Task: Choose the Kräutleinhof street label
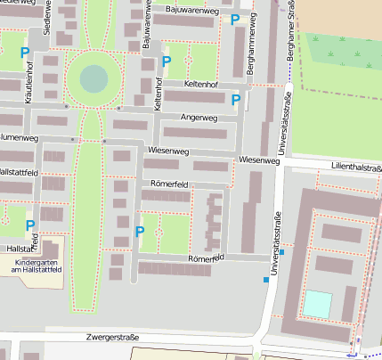(x=29, y=79)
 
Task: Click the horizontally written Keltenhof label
(x=200, y=83)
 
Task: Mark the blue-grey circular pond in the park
(x=93, y=78)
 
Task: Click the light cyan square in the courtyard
(x=316, y=304)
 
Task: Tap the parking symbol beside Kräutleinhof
(x=25, y=53)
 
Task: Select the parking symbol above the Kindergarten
(x=30, y=225)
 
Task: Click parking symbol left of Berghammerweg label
(x=235, y=20)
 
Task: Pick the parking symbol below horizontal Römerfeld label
(x=139, y=232)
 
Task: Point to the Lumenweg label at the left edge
(x=20, y=138)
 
